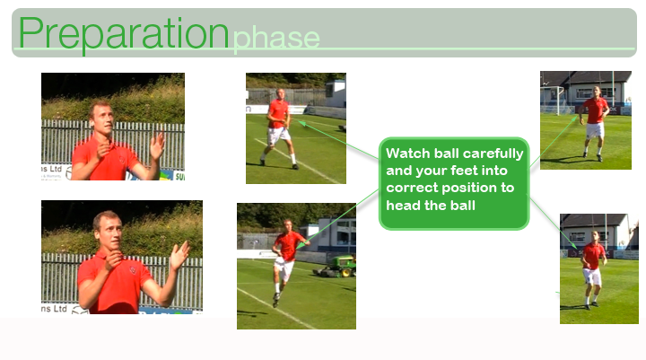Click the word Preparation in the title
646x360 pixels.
point(124,34)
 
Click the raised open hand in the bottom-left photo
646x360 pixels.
point(179,255)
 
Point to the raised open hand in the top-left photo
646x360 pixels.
point(157,145)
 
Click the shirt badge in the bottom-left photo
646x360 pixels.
point(133,270)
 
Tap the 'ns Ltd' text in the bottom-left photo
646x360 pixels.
point(54,309)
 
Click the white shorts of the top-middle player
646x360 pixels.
point(278,136)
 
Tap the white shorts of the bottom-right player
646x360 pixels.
point(592,277)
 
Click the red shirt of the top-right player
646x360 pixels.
point(596,110)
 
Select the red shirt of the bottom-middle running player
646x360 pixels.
point(289,246)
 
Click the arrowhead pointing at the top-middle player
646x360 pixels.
point(301,123)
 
